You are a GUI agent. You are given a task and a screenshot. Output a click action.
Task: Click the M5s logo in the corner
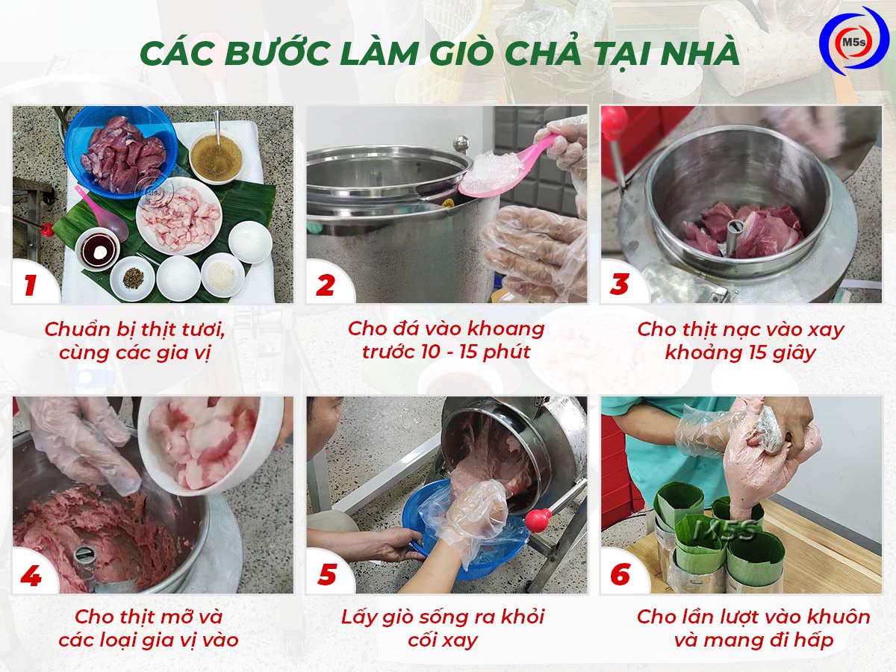(x=853, y=44)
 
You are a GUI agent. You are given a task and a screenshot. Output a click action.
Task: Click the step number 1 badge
(x=31, y=284)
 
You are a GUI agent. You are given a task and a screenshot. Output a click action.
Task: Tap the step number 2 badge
(x=325, y=284)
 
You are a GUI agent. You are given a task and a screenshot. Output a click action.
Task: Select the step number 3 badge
(x=619, y=284)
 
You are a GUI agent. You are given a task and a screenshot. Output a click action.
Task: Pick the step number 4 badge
(x=31, y=576)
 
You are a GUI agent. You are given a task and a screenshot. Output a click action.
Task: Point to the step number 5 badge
(x=326, y=576)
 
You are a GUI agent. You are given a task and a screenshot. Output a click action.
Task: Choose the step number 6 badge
(x=620, y=576)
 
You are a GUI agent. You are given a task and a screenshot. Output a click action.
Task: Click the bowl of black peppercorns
(x=132, y=278)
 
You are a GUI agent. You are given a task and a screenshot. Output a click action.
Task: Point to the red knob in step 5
(x=538, y=520)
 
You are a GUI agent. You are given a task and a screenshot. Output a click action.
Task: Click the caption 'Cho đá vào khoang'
(x=447, y=329)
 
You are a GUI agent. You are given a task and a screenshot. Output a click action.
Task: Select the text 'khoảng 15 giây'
(x=741, y=352)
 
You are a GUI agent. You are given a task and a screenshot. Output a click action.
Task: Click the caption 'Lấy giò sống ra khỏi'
(x=443, y=617)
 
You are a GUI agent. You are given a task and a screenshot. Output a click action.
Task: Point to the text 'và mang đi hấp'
(x=753, y=640)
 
